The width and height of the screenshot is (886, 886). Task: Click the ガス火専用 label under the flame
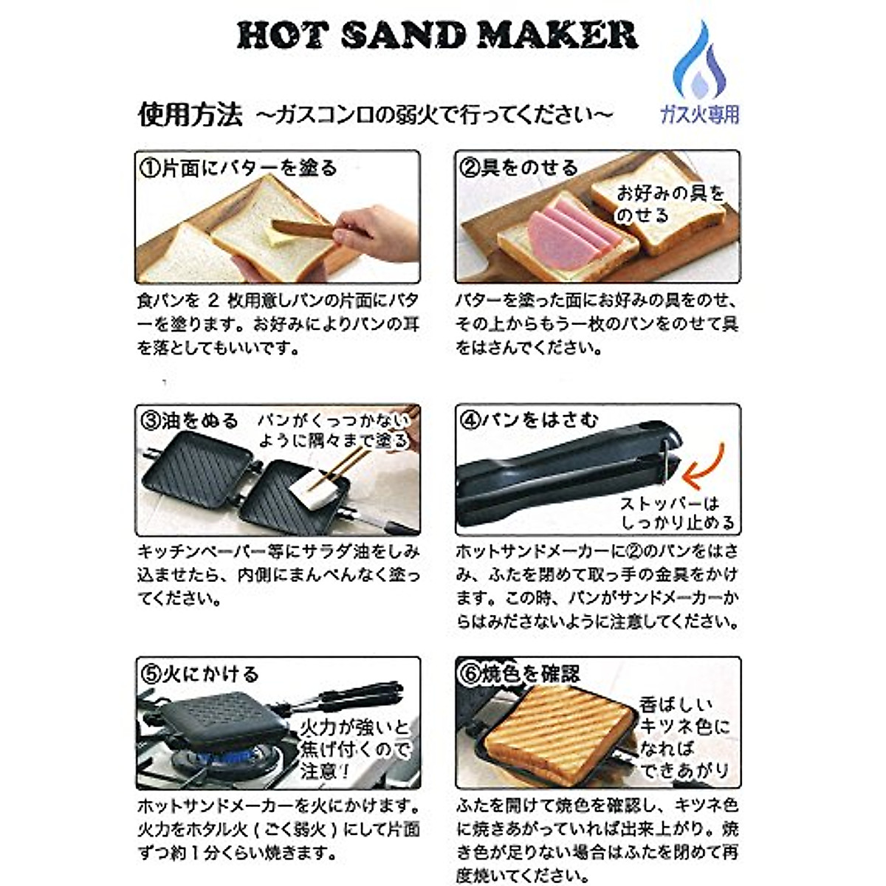[x=699, y=114]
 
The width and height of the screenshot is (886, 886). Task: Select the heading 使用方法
[x=190, y=114]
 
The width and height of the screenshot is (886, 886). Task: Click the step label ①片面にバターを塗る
[x=238, y=168]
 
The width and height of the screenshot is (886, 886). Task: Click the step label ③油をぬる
[x=189, y=421]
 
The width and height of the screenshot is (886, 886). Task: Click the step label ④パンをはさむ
[x=529, y=421]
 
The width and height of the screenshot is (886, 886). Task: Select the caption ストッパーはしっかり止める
[x=676, y=513]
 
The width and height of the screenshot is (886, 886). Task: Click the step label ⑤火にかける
[x=199, y=674]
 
